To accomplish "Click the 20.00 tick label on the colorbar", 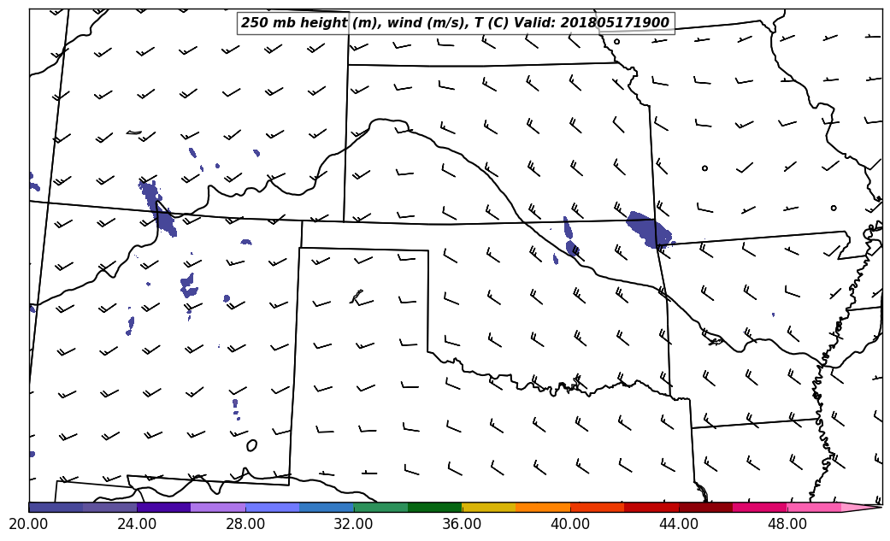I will click(x=28, y=523).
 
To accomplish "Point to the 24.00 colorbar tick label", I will click(x=137, y=523).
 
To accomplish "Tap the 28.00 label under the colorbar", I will click(x=245, y=523).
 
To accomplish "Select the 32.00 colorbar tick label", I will click(x=353, y=523).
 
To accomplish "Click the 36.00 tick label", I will click(x=462, y=523).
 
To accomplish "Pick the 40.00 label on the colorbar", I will click(x=570, y=523).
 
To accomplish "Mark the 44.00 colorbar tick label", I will click(x=679, y=523).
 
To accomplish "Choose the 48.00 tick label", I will click(x=787, y=523).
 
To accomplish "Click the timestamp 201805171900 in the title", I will click(x=615, y=23).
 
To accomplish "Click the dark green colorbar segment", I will click(x=434, y=507).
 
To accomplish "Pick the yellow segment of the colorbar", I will click(x=488, y=507).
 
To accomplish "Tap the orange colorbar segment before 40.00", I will click(x=543, y=507).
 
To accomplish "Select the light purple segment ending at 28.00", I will click(x=218, y=507).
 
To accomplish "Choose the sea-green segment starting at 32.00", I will click(x=380, y=507).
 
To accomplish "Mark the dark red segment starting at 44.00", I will click(x=705, y=507).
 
